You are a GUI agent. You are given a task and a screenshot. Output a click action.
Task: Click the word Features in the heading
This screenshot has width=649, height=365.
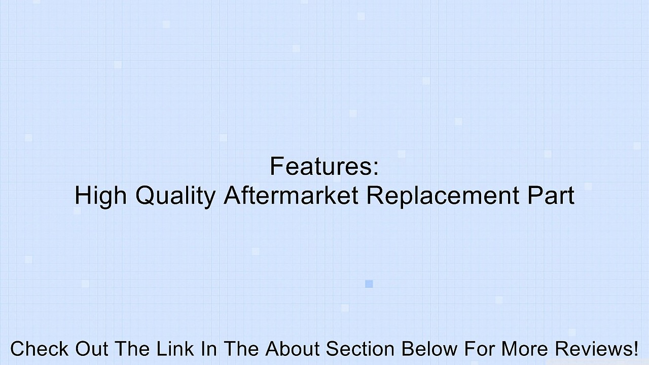(x=320, y=166)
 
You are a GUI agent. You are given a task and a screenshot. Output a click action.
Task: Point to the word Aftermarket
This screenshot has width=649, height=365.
(x=291, y=195)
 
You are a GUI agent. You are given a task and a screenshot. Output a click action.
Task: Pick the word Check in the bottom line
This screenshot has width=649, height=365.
(x=40, y=349)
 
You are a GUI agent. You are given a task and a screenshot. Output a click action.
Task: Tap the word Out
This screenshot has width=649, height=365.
(x=93, y=349)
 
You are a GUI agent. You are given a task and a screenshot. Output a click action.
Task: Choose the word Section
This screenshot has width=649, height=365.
(x=360, y=349)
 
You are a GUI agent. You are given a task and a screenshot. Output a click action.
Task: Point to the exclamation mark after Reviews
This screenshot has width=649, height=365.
(x=635, y=349)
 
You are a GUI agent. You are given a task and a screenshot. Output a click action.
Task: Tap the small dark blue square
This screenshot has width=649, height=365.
(x=369, y=284)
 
